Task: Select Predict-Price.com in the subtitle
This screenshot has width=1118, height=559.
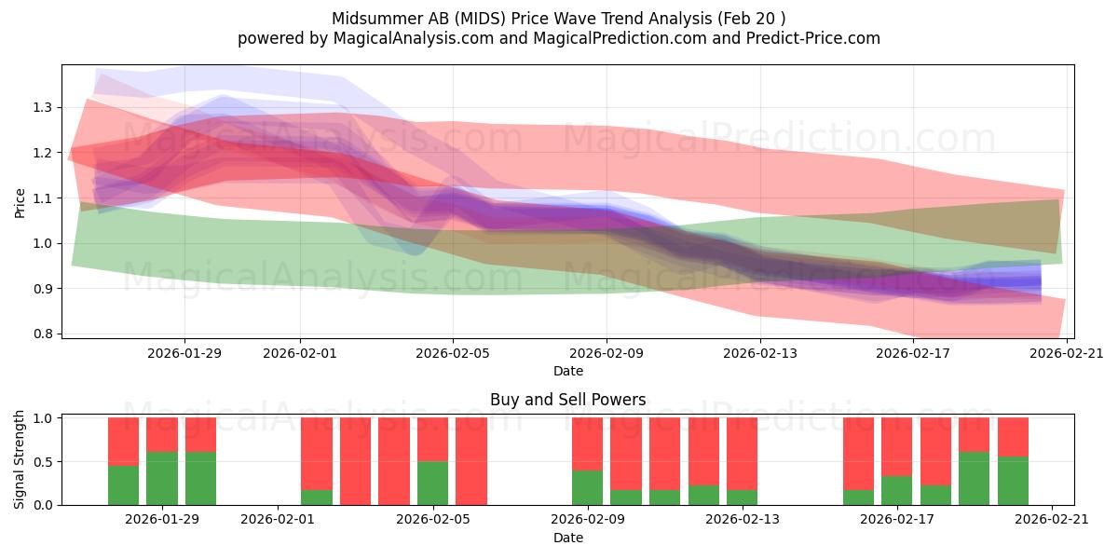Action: tap(813, 38)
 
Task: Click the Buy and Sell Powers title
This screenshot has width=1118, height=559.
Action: tap(568, 400)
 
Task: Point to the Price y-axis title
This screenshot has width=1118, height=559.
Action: tap(20, 203)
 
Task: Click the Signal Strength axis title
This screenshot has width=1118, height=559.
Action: tap(19, 459)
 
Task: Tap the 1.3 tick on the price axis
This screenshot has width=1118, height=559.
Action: tap(43, 107)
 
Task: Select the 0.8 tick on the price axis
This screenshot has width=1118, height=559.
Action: tap(43, 334)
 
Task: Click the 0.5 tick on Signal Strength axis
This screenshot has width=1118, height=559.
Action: tap(43, 462)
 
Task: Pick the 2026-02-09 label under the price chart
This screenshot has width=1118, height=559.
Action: tap(607, 353)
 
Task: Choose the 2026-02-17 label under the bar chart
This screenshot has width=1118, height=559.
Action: tap(897, 519)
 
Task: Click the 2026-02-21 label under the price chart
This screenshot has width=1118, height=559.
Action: tap(1067, 353)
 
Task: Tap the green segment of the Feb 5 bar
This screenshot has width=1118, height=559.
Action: tap(432, 484)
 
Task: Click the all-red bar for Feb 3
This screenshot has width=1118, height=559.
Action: tap(355, 461)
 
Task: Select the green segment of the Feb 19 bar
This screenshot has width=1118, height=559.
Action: tap(974, 479)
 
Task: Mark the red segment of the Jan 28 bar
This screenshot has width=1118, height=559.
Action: tap(123, 442)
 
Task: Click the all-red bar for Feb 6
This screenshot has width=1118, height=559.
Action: tap(471, 461)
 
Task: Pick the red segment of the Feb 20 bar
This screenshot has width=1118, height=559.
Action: tap(1014, 437)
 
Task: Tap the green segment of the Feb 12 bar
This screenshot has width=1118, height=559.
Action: tap(703, 495)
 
